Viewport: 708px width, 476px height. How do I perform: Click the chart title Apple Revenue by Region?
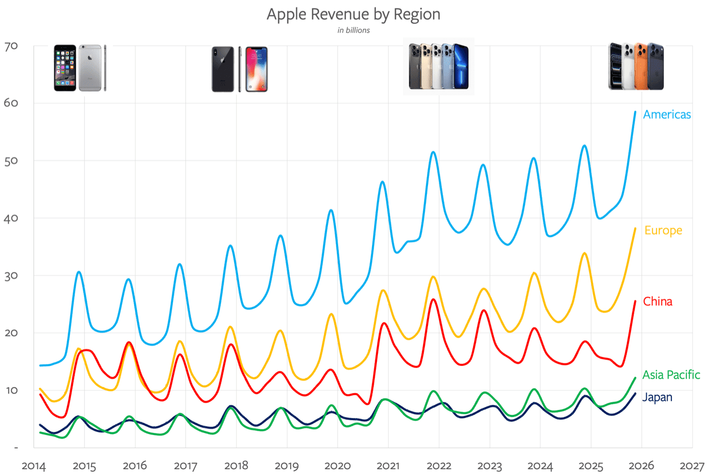pyautogui.click(x=353, y=14)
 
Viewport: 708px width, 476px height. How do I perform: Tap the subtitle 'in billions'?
pyautogui.click(x=353, y=30)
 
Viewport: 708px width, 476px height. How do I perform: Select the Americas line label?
pyautogui.click(x=667, y=114)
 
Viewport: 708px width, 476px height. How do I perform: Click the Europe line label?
pyautogui.click(x=663, y=231)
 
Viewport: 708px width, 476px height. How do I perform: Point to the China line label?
pyautogui.click(x=657, y=302)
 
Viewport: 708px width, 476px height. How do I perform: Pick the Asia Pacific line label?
pyautogui.click(x=671, y=375)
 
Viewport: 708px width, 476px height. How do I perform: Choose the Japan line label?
pyautogui.click(x=657, y=397)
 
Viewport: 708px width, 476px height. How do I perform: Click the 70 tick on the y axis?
pyautogui.click(x=11, y=46)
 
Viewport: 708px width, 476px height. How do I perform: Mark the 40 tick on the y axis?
pyautogui.click(x=11, y=218)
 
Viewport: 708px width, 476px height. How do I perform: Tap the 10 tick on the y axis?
pyautogui.click(x=11, y=390)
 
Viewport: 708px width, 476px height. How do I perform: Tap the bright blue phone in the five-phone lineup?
pyautogui.click(x=460, y=67)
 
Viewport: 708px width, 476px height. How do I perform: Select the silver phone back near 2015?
pyautogui.click(x=89, y=68)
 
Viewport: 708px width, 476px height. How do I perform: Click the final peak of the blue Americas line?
pyautogui.click(x=635, y=112)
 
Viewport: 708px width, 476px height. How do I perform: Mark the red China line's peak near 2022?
pyautogui.click(x=433, y=299)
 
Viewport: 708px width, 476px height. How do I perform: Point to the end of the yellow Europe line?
pyautogui.click(x=635, y=228)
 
